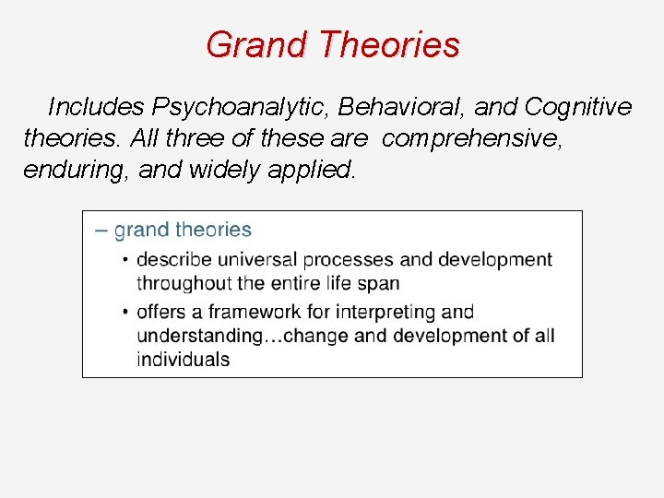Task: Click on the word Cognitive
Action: (578, 108)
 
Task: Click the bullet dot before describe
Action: (126, 260)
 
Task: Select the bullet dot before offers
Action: (126, 312)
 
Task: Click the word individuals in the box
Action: (184, 360)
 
